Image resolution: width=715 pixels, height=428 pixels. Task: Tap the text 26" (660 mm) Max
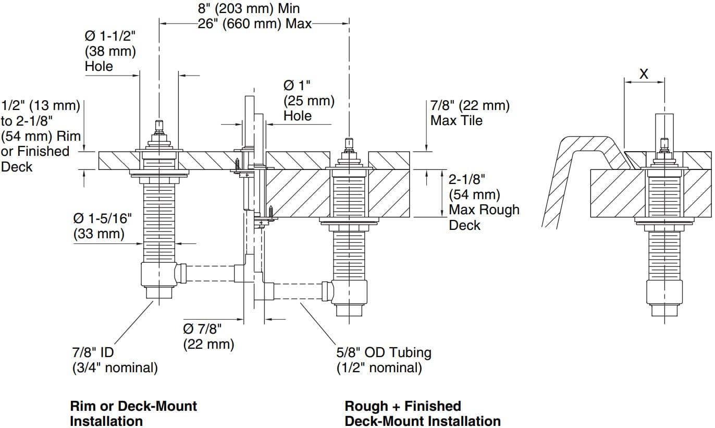point(254,24)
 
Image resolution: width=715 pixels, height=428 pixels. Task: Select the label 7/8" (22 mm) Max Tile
point(470,113)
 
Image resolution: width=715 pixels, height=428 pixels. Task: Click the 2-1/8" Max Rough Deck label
point(484,202)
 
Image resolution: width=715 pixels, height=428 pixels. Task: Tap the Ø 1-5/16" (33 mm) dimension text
point(102,226)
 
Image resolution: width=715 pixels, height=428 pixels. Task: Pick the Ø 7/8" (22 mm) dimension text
point(208,336)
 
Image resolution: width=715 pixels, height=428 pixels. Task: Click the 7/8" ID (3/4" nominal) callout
point(114,360)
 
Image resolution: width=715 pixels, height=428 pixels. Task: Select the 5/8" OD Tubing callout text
point(384,360)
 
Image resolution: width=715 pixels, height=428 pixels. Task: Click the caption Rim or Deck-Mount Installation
point(133,413)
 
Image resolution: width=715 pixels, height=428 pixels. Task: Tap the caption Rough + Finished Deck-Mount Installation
point(422,413)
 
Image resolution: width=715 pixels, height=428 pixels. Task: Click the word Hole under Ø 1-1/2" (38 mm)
point(99,66)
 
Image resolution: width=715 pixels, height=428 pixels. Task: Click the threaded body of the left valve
point(159,219)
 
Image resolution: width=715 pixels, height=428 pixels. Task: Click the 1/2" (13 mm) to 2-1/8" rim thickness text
point(42,136)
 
